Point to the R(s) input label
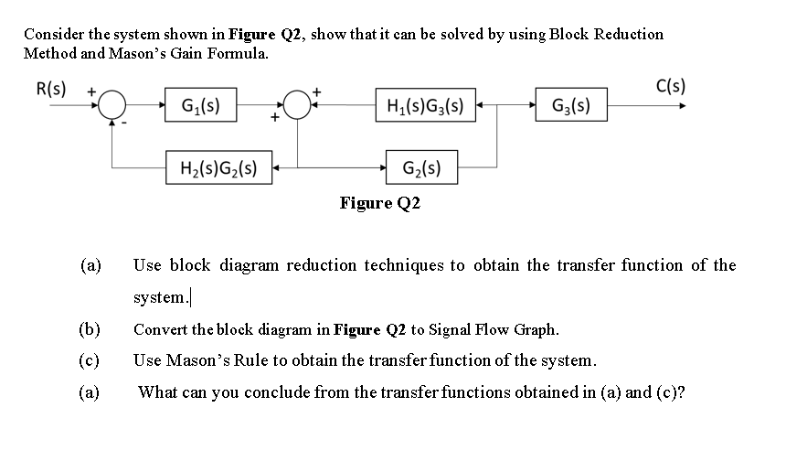(x=51, y=89)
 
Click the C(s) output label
(x=672, y=88)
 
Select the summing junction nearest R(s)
(x=112, y=106)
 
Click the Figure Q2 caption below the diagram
(x=379, y=202)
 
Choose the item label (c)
(x=90, y=359)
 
